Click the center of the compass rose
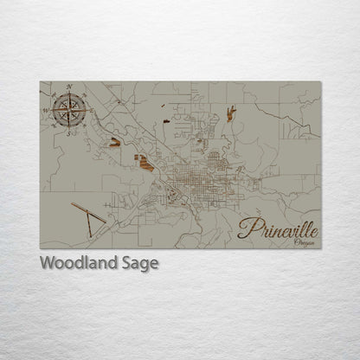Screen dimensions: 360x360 pos(67,110)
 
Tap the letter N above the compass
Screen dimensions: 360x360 pos(68,87)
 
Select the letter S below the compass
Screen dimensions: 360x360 pos(67,133)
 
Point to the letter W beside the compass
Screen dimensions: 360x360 pos(45,111)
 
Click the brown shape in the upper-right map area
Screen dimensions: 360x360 pos(231,112)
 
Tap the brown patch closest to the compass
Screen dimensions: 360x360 pos(112,143)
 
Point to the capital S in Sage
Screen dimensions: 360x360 pos(129,263)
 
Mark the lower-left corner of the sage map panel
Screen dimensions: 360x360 pos(41,247)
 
